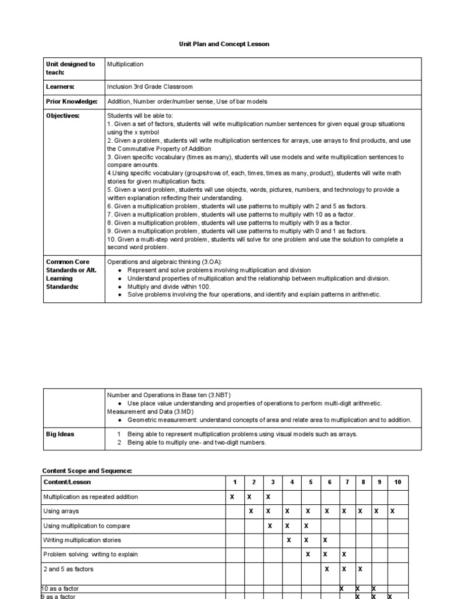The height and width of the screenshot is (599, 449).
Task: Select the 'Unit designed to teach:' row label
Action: coord(70,68)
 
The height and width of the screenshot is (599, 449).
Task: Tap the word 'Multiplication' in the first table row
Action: coord(125,64)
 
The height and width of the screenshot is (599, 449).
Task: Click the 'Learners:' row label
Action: coord(60,87)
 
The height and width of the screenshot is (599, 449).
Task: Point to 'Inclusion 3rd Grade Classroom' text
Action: coord(150,87)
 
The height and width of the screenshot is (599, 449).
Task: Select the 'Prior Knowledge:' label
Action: coord(71,101)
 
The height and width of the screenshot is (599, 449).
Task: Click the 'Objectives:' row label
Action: coord(63,116)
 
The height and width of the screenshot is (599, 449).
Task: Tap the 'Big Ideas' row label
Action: coord(60,435)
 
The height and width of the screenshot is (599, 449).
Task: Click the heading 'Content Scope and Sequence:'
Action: coord(87,471)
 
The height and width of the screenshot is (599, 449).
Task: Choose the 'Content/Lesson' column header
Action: coord(67,482)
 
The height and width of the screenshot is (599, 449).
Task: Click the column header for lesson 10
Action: coord(398,482)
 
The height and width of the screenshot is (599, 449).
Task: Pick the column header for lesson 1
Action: coord(235,482)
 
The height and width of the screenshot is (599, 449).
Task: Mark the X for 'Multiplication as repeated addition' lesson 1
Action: coord(232,497)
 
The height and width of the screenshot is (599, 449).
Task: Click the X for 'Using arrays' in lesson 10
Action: coord(392,511)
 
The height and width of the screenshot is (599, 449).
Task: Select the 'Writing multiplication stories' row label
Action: coord(82,540)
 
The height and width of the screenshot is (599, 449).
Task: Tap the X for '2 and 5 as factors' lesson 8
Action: coord(361,569)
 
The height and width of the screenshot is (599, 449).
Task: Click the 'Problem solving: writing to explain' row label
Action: coord(91,554)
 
